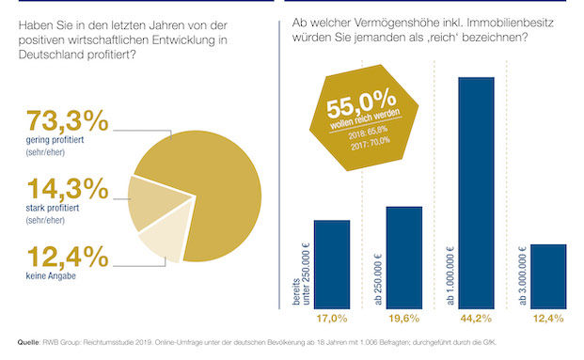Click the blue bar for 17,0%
[x=332, y=263]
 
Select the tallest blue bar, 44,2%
[x=476, y=192]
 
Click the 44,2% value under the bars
[x=476, y=319]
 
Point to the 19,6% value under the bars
[x=404, y=319]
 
